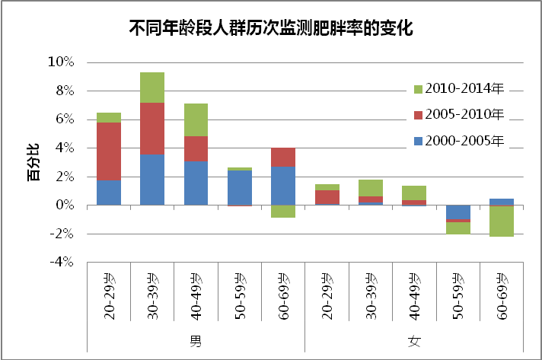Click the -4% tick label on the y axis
click(x=60, y=263)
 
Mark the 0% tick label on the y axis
click(x=63, y=205)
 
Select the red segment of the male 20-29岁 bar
click(x=109, y=151)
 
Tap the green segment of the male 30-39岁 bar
click(x=152, y=87)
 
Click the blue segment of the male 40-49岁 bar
click(x=196, y=183)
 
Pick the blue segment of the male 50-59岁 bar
click(x=240, y=187)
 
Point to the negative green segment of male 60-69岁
click(x=283, y=212)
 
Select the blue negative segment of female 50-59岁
click(x=458, y=212)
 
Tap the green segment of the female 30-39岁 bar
click(x=370, y=187)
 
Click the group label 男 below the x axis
click(x=196, y=337)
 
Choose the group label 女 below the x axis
click(x=413, y=337)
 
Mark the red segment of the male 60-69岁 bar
click(x=283, y=157)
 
